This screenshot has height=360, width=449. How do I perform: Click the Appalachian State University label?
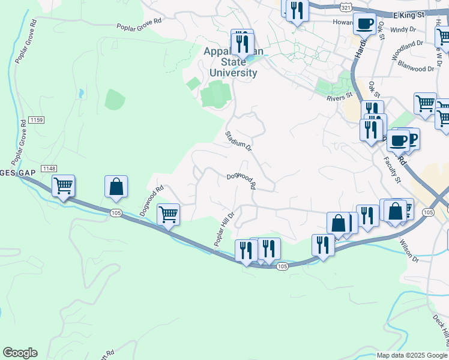[233, 62]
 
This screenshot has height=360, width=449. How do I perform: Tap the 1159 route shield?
[37, 121]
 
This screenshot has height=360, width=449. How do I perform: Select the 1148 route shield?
[49, 169]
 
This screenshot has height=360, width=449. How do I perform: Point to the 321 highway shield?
[345, 6]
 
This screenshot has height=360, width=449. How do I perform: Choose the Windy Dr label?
[403, 29]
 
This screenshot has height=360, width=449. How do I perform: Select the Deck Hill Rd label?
[440, 328]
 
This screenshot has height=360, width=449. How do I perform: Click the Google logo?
[20, 353]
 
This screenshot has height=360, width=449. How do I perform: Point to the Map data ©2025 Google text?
[412, 355]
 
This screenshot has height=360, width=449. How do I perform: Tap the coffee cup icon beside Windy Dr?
[364, 25]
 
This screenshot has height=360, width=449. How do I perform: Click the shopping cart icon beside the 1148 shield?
[63, 185]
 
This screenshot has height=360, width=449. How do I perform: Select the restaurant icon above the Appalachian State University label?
[243, 44]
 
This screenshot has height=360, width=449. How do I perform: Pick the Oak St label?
[375, 90]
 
